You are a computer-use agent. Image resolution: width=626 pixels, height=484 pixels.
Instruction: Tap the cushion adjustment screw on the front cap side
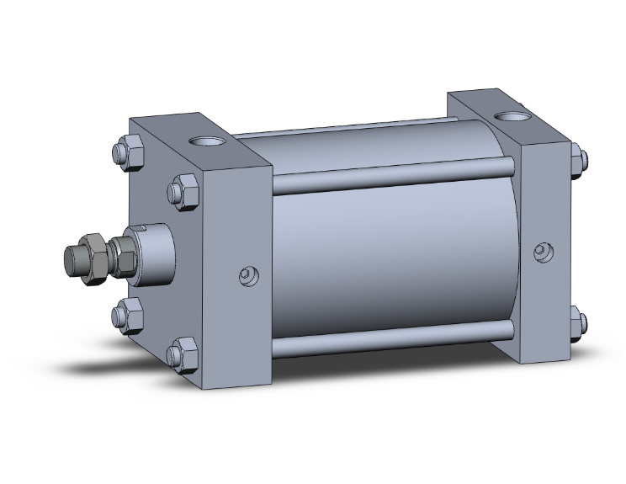247,274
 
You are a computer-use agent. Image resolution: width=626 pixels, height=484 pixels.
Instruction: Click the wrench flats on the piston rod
123,256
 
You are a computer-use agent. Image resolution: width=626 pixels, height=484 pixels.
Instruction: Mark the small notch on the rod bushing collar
142,230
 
